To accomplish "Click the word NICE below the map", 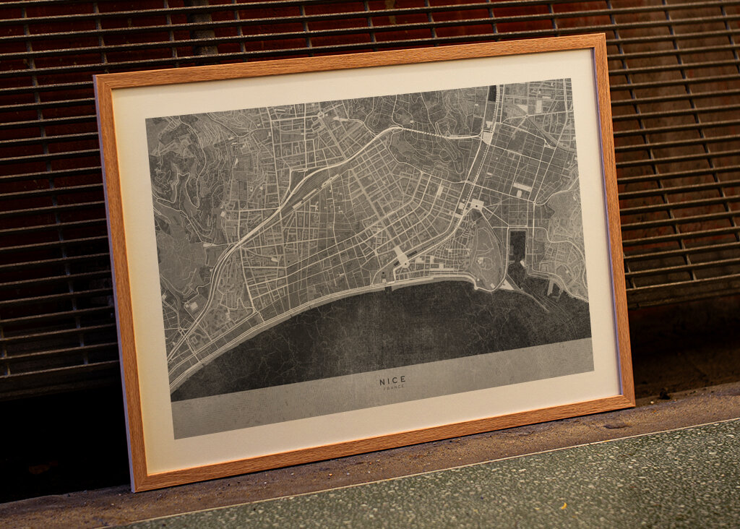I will click(392, 380).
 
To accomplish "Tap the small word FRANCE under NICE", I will click(394, 388).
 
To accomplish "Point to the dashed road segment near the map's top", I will click(441, 134).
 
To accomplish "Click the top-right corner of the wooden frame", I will click(601, 36).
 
